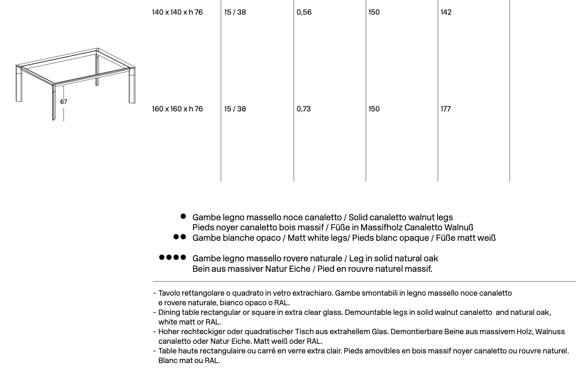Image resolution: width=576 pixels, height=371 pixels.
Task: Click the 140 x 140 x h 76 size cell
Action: tap(177, 12)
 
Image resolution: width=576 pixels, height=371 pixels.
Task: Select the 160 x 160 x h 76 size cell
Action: tap(177, 109)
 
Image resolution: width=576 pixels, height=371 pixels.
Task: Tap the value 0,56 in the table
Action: tap(304, 12)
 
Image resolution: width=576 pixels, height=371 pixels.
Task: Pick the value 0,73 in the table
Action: tap(303, 109)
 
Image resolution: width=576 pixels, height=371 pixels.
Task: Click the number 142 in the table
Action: tap(446, 12)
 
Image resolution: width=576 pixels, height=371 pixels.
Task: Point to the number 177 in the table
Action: tap(446, 109)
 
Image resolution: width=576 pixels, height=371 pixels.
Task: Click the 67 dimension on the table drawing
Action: tap(64, 102)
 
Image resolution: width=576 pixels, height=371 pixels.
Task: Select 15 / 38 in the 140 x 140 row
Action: tap(235, 12)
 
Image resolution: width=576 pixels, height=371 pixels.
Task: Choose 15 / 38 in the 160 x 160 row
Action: tap(235, 109)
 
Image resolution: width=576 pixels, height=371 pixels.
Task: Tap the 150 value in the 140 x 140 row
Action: tap(374, 12)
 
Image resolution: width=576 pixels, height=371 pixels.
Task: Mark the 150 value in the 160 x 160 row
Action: tap(374, 109)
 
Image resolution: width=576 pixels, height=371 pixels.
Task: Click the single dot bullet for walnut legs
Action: tap(183, 216)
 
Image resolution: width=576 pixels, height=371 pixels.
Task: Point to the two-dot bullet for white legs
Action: tap(179, 237)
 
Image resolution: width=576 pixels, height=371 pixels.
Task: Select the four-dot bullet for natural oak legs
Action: tap(172, 258)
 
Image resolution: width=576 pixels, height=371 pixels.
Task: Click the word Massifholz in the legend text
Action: tap(381, 228)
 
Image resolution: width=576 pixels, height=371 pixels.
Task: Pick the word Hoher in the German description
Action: tap(168, 332)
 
